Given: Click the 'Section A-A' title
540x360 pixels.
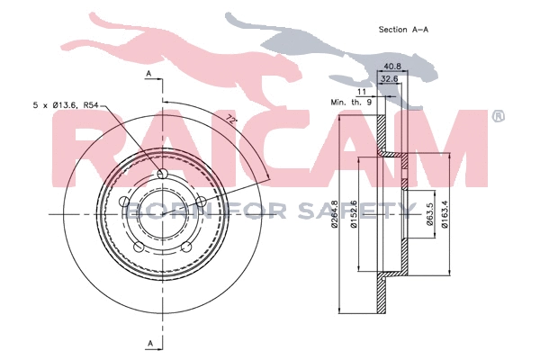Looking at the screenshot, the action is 403,30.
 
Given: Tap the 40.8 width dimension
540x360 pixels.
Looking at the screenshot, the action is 392,66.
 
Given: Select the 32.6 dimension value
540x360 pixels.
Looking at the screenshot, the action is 389,79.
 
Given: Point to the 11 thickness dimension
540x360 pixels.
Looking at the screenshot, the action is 362,92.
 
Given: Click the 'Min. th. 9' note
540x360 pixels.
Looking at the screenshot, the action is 351,103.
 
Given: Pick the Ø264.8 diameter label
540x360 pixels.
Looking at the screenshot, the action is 334,214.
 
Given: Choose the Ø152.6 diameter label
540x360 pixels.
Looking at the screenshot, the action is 354,214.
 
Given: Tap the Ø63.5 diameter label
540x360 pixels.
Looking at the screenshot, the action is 430,214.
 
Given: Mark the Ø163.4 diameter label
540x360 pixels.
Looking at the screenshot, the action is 445,214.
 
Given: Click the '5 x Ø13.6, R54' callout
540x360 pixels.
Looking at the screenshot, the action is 66,105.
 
